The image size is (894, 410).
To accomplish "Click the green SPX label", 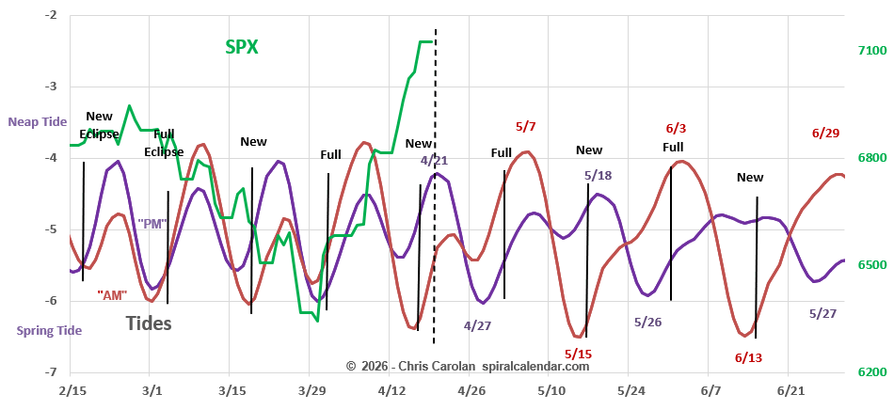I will (242, 46).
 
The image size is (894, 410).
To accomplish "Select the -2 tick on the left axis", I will (49, 16).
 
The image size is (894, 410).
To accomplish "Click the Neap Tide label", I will (39, 122).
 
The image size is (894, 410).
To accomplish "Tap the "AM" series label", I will (112, 294).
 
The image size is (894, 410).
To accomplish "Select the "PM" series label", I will (152, 224).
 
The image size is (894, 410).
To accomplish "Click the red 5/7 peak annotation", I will (526, 126).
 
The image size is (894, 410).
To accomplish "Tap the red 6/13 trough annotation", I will (749, 357).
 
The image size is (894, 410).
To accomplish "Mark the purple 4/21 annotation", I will (434, 161).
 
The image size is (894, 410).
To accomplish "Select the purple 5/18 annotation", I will (598, 175).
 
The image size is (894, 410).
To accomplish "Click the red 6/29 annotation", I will (825, 133).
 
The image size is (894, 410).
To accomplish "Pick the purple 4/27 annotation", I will (477, 325).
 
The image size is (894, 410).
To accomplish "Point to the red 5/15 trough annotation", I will (578, 354).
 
